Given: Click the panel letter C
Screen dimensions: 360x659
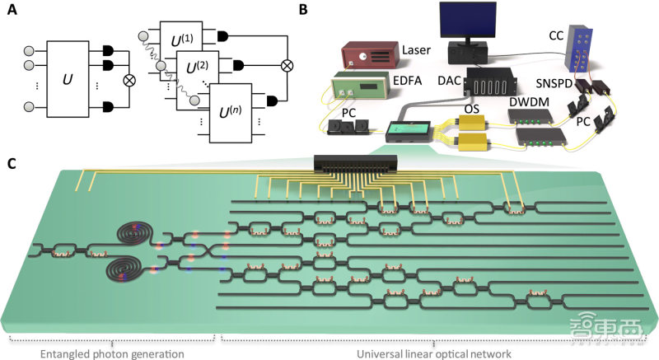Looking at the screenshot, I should click(x=12, y=161).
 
